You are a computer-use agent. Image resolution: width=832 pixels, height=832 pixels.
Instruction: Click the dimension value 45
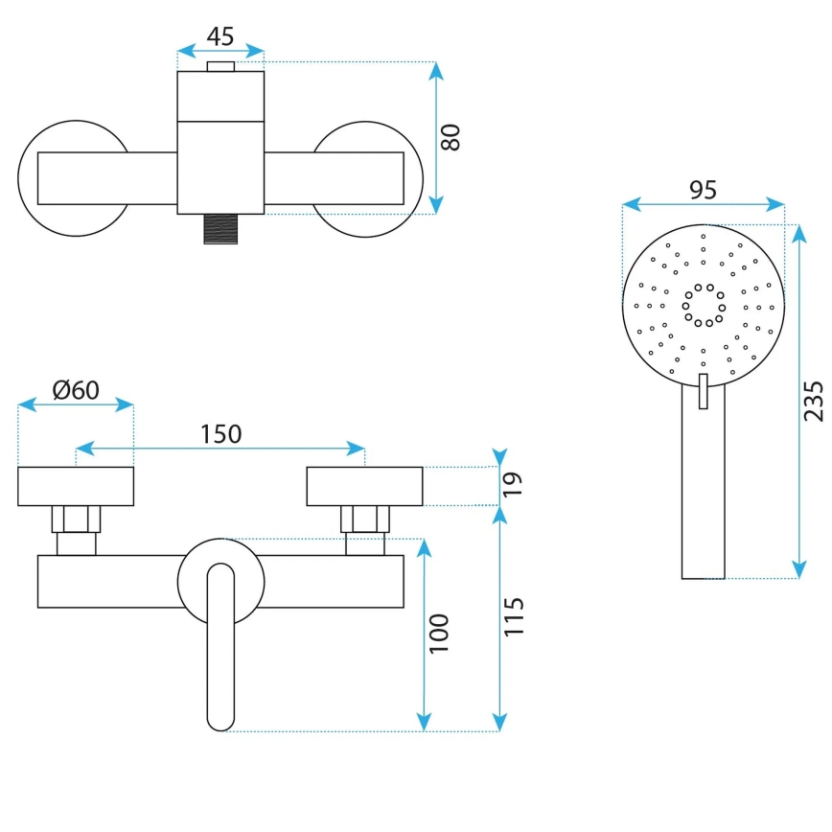[x=220, y=36]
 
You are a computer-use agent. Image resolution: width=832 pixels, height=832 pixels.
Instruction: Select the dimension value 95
[x=703, y=190]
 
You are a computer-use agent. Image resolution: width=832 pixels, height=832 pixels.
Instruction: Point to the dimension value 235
[x=812, y=401]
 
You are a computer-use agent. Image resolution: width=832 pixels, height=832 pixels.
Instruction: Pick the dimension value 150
[x=220, y=433]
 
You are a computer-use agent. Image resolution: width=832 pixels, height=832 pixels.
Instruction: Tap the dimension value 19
[x=513, y=486]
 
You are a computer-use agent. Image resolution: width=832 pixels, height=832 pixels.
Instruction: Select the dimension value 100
[x=439, y=633]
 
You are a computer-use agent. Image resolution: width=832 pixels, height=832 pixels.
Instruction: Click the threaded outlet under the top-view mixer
[x=220, y=229]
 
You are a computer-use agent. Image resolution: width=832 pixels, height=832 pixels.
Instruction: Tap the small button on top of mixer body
[x=220, y=66]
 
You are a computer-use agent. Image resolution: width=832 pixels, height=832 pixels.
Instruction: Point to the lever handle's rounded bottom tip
[x=220, y=719]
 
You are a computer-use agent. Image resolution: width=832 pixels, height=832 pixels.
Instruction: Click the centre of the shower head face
[x=704, y=305]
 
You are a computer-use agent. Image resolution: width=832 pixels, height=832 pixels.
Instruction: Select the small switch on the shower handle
[x=704, y=391]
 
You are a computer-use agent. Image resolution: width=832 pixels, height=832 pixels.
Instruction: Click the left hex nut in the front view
[x=77, y=519]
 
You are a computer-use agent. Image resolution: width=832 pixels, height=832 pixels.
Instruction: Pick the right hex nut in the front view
[x=365, y=519]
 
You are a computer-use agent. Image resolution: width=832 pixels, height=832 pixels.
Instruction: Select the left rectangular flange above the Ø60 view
[x=76, y=486]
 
